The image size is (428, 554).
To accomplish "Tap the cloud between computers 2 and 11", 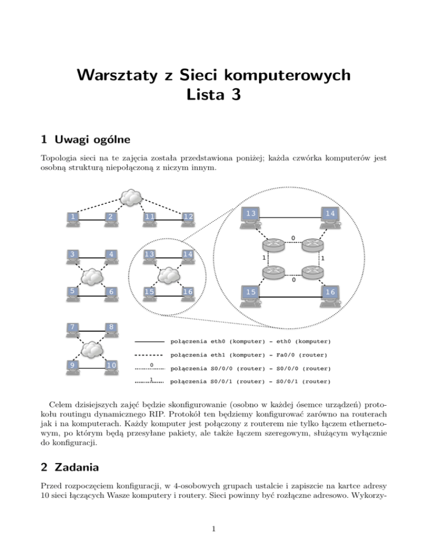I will [x=131, y=197].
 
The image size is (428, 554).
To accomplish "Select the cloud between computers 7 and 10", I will [x=93, y=349].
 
